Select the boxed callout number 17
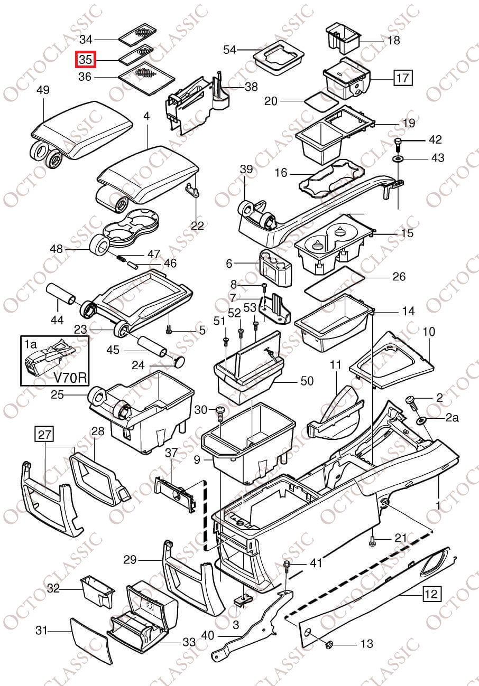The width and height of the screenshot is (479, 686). (402, 79)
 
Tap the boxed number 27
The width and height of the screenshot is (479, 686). (45, 435)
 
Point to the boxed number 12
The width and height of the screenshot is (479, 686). (431, 594)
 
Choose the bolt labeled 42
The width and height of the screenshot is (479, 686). (398, 142)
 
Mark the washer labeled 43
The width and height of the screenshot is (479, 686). (398, 158)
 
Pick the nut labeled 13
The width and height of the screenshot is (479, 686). (328, 644)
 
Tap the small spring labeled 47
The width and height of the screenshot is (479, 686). (121, 258)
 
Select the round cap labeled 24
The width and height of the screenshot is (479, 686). (180, 361)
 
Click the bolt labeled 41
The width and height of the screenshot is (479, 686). (287, 566)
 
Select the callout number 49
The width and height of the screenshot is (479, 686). (43, 90)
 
